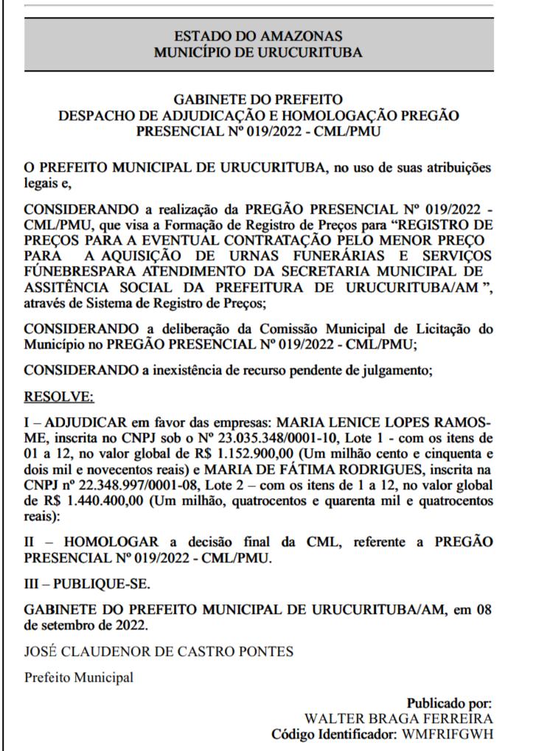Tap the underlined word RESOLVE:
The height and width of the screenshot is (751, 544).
(59, 397)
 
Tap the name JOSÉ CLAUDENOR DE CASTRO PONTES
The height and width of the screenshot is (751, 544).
(137, 652)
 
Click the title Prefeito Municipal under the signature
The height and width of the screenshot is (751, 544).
(80, 678)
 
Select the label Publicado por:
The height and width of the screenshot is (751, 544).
(449, 704)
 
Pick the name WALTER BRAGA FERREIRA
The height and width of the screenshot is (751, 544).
(399, 719)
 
